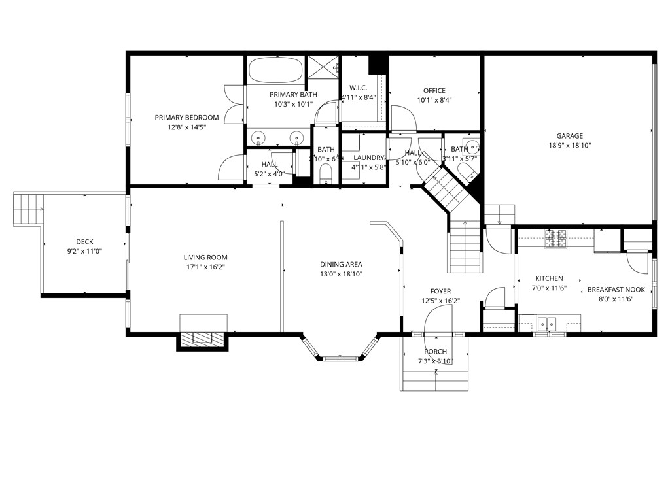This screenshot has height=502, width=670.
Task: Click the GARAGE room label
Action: [569, 136]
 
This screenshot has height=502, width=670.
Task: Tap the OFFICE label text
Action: [434, 91]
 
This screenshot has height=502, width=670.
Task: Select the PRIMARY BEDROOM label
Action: [186, 118]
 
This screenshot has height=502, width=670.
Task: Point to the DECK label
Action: [84, 242]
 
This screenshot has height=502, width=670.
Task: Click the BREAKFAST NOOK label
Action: [616, 290]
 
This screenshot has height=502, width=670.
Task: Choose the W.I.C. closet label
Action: [358, 88]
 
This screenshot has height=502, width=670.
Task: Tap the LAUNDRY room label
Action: [368, 158]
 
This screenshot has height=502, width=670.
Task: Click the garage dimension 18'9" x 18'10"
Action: [569, 146]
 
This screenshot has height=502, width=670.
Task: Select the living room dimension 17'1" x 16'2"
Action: [205, 267]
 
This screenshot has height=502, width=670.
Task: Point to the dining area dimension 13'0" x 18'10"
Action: [341, 274]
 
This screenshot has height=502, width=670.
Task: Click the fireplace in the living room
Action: [203, 338]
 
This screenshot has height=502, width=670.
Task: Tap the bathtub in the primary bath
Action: [276, 71]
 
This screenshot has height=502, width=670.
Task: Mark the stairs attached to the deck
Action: [27, 209]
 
